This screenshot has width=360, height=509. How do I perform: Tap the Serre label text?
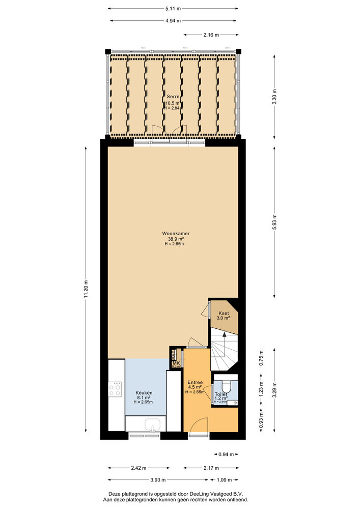click(173, 97)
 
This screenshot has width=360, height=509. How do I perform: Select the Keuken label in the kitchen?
click(144, 392)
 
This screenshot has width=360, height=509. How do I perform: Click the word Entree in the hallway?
click(195, 382)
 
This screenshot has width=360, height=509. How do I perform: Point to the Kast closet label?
click(224, 313)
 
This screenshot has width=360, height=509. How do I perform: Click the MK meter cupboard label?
click(176, 363)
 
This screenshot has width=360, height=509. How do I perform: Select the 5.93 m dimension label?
click(274, 223)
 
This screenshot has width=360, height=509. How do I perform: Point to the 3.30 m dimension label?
click(274, 97)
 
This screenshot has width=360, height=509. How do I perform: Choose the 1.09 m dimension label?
click(224, 479)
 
